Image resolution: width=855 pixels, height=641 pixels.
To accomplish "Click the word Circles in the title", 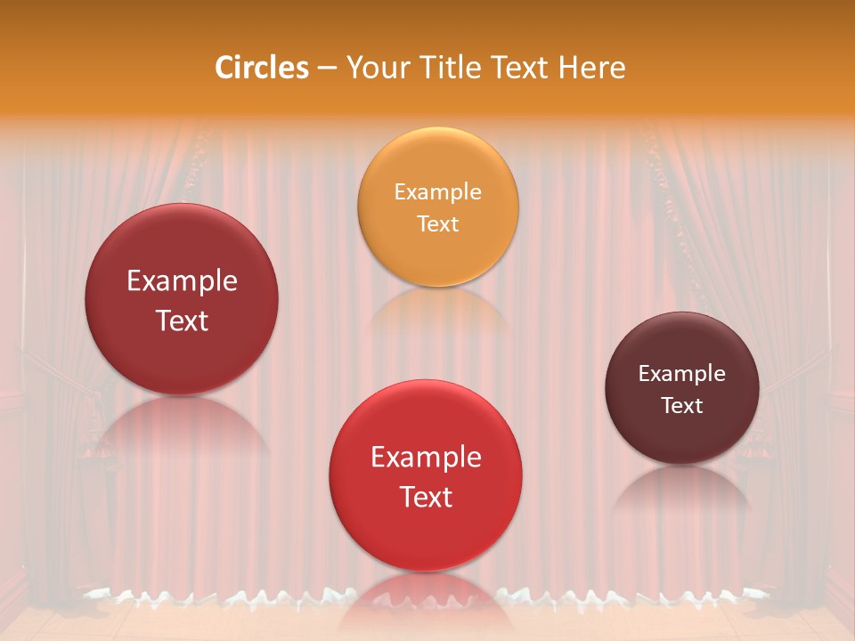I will tap(262, 68).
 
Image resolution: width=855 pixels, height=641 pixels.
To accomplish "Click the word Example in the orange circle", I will tap(437, 192).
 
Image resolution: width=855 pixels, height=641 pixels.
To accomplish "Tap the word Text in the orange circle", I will tap(437, 223).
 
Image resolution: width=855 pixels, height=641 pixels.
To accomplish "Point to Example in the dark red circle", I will tap(182, 281).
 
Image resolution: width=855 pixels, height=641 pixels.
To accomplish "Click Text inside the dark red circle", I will tap(182, 320).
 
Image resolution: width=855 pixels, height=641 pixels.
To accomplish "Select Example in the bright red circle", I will tap(426, 458).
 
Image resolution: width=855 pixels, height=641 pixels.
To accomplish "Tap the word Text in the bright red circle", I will tap(426, 497).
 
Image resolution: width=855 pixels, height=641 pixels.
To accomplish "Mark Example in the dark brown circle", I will tap(682, 374).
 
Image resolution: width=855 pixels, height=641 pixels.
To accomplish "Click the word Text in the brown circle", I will tap(682, 406).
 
